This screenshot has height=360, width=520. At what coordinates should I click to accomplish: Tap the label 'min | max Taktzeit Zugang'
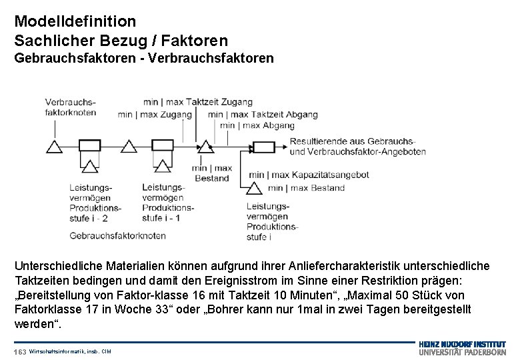[x=198, y=102]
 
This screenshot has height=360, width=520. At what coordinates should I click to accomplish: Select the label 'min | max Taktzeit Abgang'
[x=263, y=115]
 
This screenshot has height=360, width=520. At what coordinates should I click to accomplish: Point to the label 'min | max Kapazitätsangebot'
[x=308, y=175]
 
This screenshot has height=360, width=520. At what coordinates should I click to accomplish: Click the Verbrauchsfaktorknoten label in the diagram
[x=71, y=107]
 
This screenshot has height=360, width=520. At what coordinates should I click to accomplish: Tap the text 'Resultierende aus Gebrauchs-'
[x=353, y=141]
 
